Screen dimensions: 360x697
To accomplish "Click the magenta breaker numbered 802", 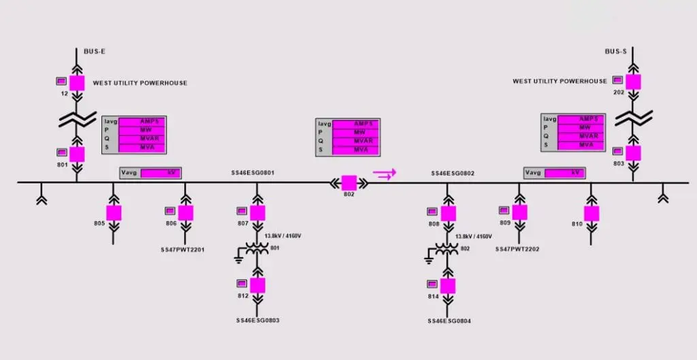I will [x=349, y=182].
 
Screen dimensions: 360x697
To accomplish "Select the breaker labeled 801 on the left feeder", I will [x=77, y=154].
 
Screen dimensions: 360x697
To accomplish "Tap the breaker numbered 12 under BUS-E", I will [x=77, y=83].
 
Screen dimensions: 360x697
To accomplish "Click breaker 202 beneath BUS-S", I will [x=634, y=82].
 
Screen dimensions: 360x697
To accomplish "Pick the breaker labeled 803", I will [x=634, y=152].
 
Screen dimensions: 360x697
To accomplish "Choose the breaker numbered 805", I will [x=114, y=212].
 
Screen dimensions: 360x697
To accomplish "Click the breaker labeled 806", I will [x=186, y=213].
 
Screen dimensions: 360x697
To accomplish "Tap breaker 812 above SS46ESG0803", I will [x=257, y=284].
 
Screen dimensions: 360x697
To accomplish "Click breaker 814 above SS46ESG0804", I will [x=448, y=284].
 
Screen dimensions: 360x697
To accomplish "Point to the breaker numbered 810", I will [x=591, y=213].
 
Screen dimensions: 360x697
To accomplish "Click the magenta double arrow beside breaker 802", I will [x=385, y=175].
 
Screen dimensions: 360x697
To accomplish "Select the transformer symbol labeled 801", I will [x=257, y=250].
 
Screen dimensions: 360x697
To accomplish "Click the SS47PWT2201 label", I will [x=183, y=250].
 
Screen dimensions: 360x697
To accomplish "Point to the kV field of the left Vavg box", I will [x=161, y=173].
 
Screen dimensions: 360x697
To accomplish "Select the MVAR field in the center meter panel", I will [x=355, y=140].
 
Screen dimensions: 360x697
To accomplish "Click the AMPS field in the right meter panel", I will [x=580, y=119].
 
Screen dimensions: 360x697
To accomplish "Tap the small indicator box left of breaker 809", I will [x=504, y=210].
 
